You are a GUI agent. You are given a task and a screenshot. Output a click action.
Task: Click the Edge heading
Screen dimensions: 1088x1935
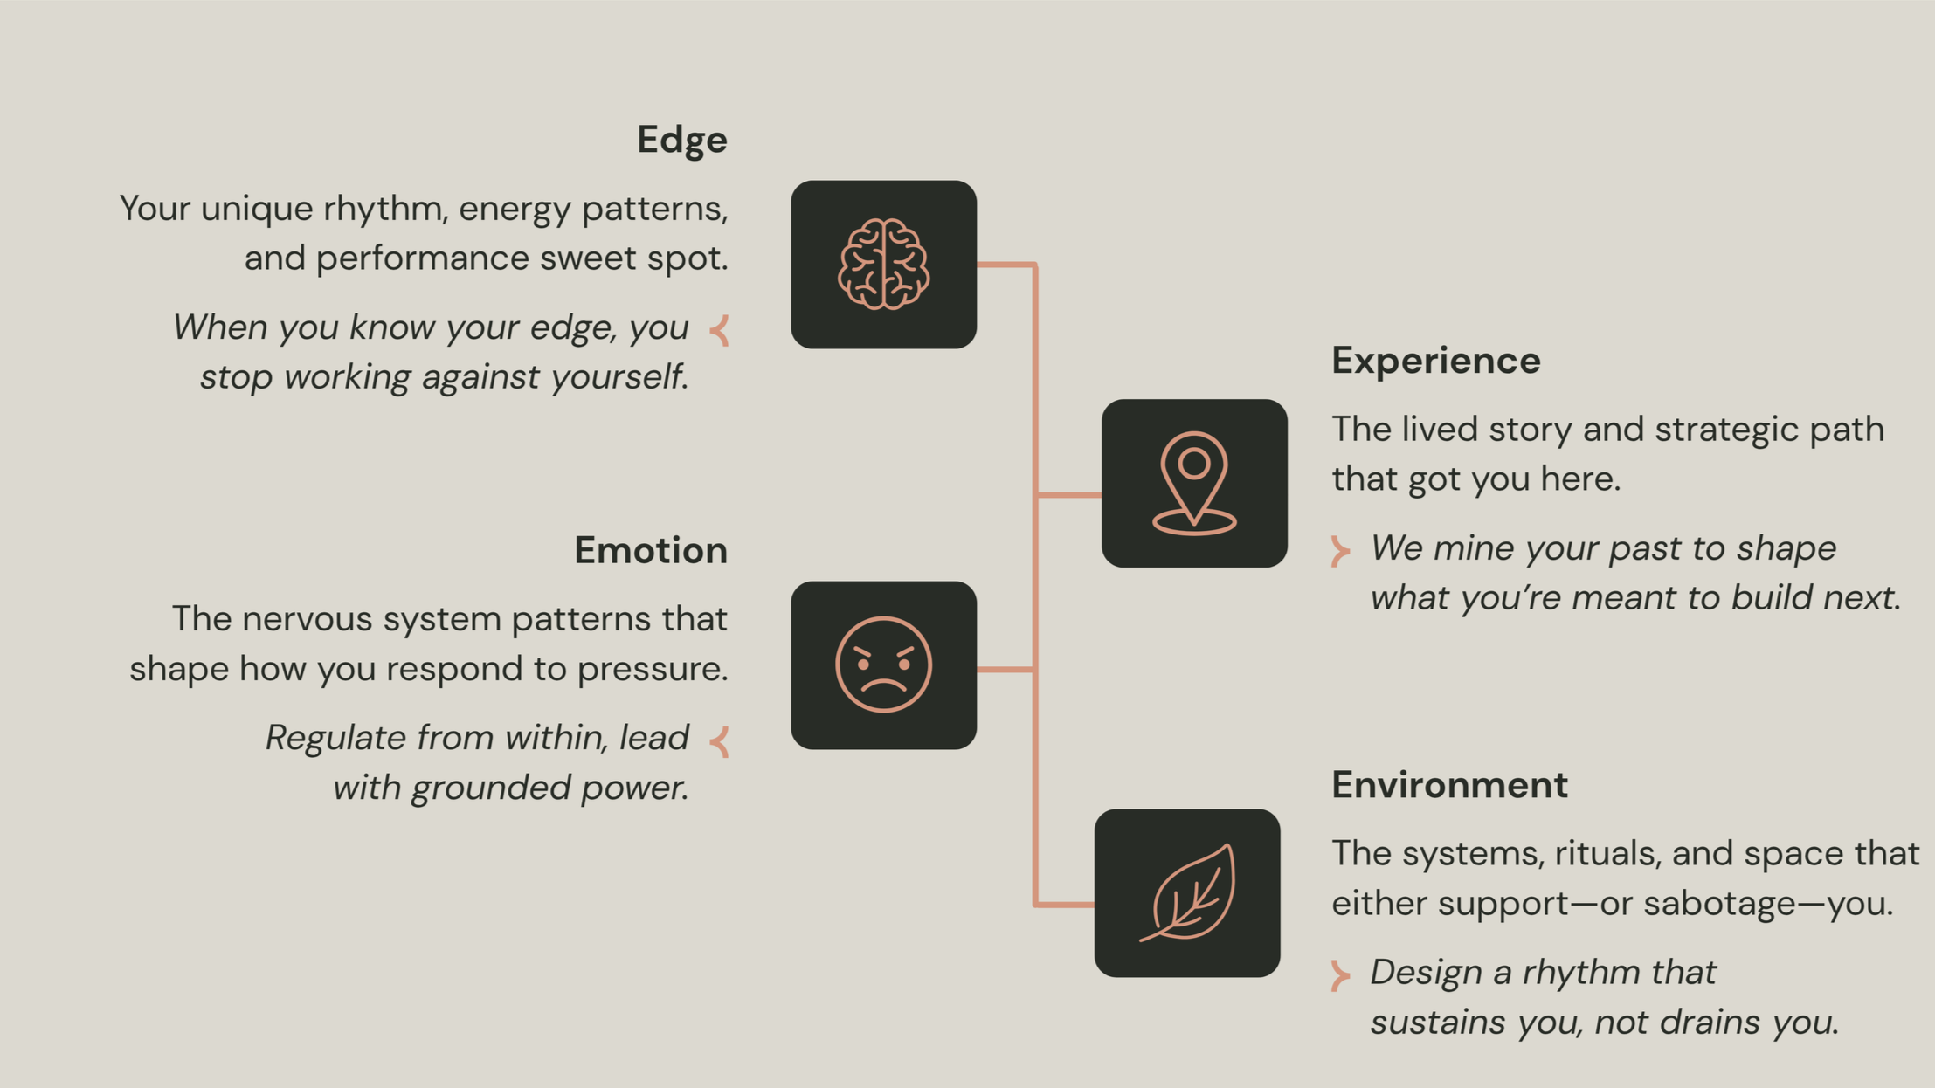click(681, 140)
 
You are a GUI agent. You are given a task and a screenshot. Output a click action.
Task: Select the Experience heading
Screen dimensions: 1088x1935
click(1435, 361)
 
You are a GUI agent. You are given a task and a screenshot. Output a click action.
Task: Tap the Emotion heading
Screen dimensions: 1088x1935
click(650, 550)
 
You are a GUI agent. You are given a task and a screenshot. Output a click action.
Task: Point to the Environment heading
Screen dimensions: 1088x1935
click(1449, 784)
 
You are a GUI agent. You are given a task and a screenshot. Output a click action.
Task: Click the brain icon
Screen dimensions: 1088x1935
click(883, 265)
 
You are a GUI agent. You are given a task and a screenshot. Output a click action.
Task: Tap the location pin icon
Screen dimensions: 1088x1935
click(1193, 483)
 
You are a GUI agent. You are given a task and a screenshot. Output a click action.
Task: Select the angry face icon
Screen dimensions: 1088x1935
click(883, 665)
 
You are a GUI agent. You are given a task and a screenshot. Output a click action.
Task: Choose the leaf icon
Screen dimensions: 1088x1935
click(1187, 892)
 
